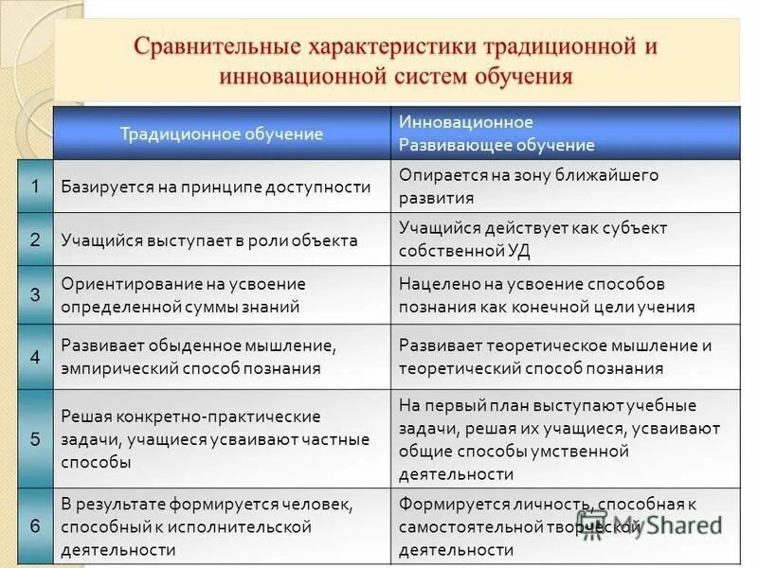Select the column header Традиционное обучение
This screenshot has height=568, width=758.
(221, 133)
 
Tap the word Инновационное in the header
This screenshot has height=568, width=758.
(466, 122)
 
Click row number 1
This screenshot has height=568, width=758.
(35, 186)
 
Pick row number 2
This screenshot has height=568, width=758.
(35, 240)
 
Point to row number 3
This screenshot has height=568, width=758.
(35, 294)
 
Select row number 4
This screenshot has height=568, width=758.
(35, 357)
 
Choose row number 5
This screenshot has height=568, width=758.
(35, 438)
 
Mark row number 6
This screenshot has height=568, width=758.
(35, 526)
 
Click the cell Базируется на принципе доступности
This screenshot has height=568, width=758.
(215, 186)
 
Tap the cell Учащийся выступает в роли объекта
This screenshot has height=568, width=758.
(208, 240)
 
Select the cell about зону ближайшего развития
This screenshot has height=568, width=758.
(528, 186)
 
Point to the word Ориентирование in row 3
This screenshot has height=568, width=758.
(118, 284)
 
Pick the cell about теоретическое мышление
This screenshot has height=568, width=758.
(554, 357)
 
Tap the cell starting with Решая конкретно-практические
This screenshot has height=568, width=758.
(190, 438)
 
